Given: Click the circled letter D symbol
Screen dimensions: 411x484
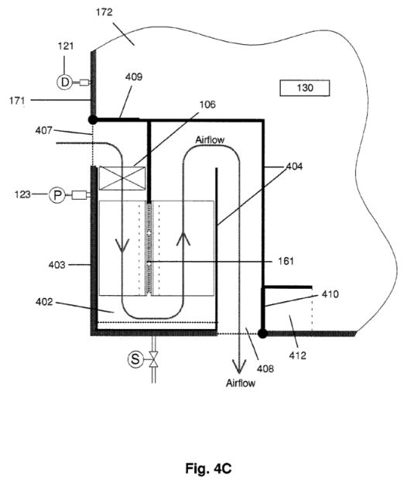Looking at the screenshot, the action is coord(64,82).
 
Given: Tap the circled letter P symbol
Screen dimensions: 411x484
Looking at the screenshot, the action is coord(57,195).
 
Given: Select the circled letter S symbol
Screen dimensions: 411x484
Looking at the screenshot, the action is coord(135,359).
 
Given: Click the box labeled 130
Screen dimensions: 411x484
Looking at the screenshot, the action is coord(305,88).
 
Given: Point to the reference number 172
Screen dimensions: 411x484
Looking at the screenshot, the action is coord(104,12).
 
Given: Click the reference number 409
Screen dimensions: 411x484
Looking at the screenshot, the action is coord(134,77).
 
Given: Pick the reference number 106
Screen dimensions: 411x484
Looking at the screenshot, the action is coord(207,105).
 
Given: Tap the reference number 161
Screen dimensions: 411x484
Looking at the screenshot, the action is coord(286,262).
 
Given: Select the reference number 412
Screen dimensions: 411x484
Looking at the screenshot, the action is coord(297,355).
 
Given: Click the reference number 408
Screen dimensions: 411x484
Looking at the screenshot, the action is coord(265,369).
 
